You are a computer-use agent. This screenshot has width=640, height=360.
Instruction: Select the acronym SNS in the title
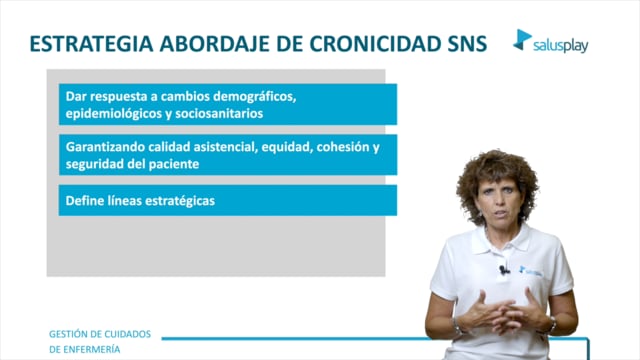click(x=467, y=44)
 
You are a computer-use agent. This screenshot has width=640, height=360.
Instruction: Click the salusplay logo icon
click(x=522, y=40)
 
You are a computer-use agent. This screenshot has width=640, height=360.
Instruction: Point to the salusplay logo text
click(x=560, y=46)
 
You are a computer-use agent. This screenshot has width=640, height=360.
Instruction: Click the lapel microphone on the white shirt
click(x=504, y=270)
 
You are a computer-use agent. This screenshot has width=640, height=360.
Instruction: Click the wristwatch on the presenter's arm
click(x=551, y=325)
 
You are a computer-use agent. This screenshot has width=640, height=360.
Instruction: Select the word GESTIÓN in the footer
click(x=67, y=334)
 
